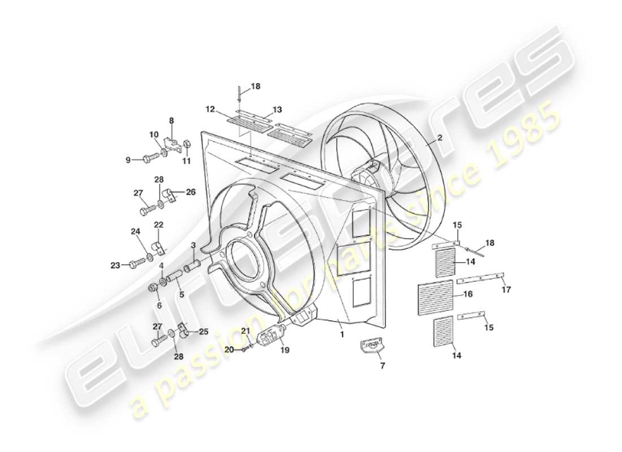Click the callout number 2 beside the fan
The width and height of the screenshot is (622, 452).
[x=439, y=137]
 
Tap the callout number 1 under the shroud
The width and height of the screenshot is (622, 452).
[x=342, y=334]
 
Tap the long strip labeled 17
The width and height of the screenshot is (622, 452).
[x=480, y=278]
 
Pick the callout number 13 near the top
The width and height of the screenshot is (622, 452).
[x=277, y=109]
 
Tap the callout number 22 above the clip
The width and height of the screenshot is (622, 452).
[x=159, y=225]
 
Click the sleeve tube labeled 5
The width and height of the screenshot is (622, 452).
[x=174, y=276]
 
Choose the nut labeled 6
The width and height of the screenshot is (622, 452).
[x=152, y=289]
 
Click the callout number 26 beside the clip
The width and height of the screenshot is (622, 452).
[x=191, y=192]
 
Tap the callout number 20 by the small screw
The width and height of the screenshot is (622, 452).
[x=229, y=350]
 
